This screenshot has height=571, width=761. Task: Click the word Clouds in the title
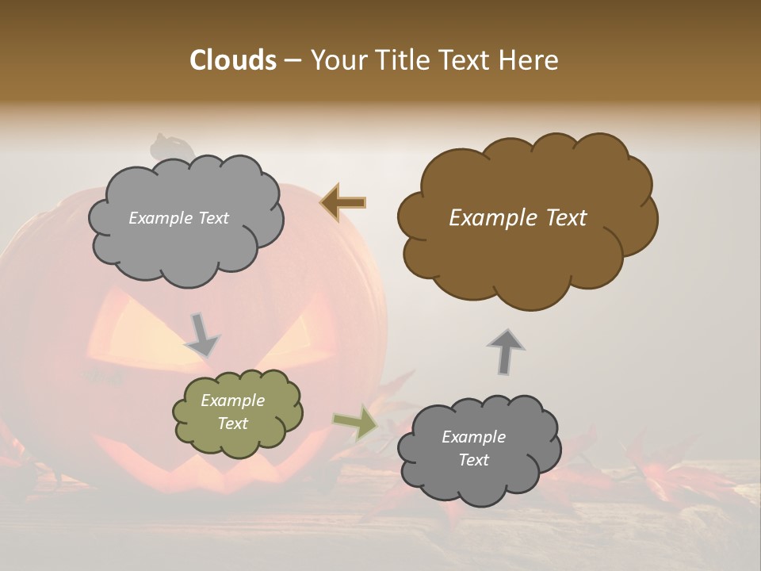click(x=232, y=60)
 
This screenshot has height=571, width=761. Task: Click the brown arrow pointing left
click(x=343, y=203)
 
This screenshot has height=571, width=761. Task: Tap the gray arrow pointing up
click(x=506, y=351)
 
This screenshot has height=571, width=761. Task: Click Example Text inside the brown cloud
click(x=518, y=218)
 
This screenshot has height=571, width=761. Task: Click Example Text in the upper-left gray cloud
click(x=178, y=218)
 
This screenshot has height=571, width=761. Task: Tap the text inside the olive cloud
click(x=232, y=412)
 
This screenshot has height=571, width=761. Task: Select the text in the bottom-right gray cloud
click(x=473, y=448)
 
